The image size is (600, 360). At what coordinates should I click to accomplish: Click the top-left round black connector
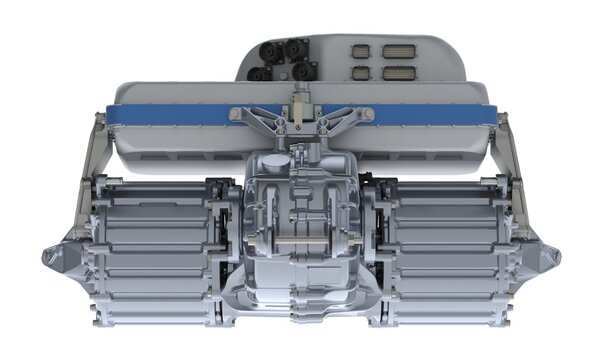pos(267,49)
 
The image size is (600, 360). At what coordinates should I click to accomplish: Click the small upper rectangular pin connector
pos(361,50)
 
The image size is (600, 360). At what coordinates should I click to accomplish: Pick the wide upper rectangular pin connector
pos(397,50)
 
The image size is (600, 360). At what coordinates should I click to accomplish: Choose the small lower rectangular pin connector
pos(361,72)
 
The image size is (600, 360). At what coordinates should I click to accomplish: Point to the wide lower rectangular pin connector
pos(397,72)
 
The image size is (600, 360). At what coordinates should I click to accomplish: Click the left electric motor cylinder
pos(150,250)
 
